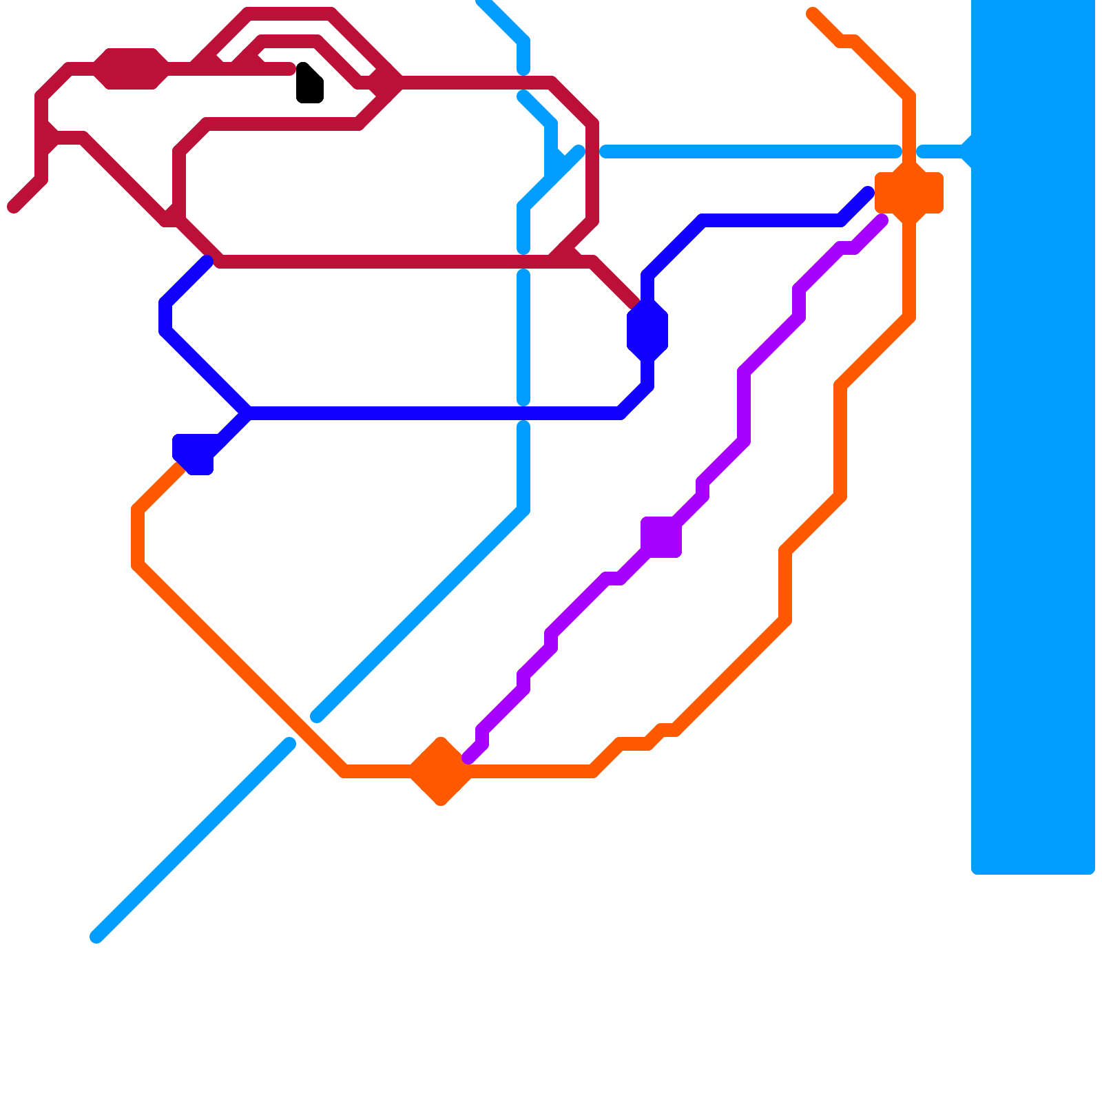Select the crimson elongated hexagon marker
[131, 69]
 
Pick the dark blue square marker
[194, 454]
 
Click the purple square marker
[661, 537]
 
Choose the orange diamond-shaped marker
[441, 771]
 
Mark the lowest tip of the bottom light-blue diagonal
[96, 937]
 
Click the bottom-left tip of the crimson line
[13, 207]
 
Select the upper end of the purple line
[882, 220]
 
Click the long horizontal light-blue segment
[751, 152]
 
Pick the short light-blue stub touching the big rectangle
[944, 152]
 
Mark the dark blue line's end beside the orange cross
[869, 193]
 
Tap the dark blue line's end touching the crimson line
[207, 261]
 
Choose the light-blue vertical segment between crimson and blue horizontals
[523, 337]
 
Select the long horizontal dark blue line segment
[434, 413]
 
